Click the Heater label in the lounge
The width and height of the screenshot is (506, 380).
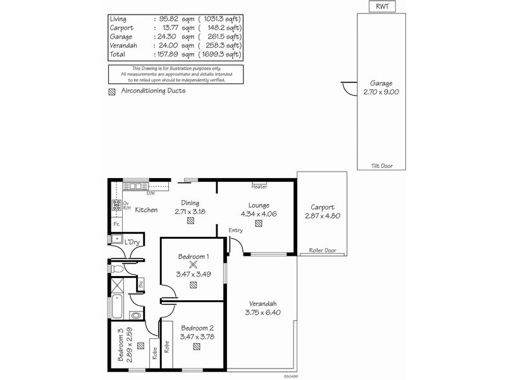(259, 187)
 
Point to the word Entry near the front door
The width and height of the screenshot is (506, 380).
(236, 230)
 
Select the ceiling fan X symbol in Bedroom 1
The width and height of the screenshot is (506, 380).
(194, 265)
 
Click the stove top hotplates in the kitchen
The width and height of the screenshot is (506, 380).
(116, 205)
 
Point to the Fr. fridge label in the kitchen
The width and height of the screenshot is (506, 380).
(116, 224)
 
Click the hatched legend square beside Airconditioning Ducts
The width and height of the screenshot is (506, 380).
(112, 91)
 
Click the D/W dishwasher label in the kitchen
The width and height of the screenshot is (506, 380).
(150, 193)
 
